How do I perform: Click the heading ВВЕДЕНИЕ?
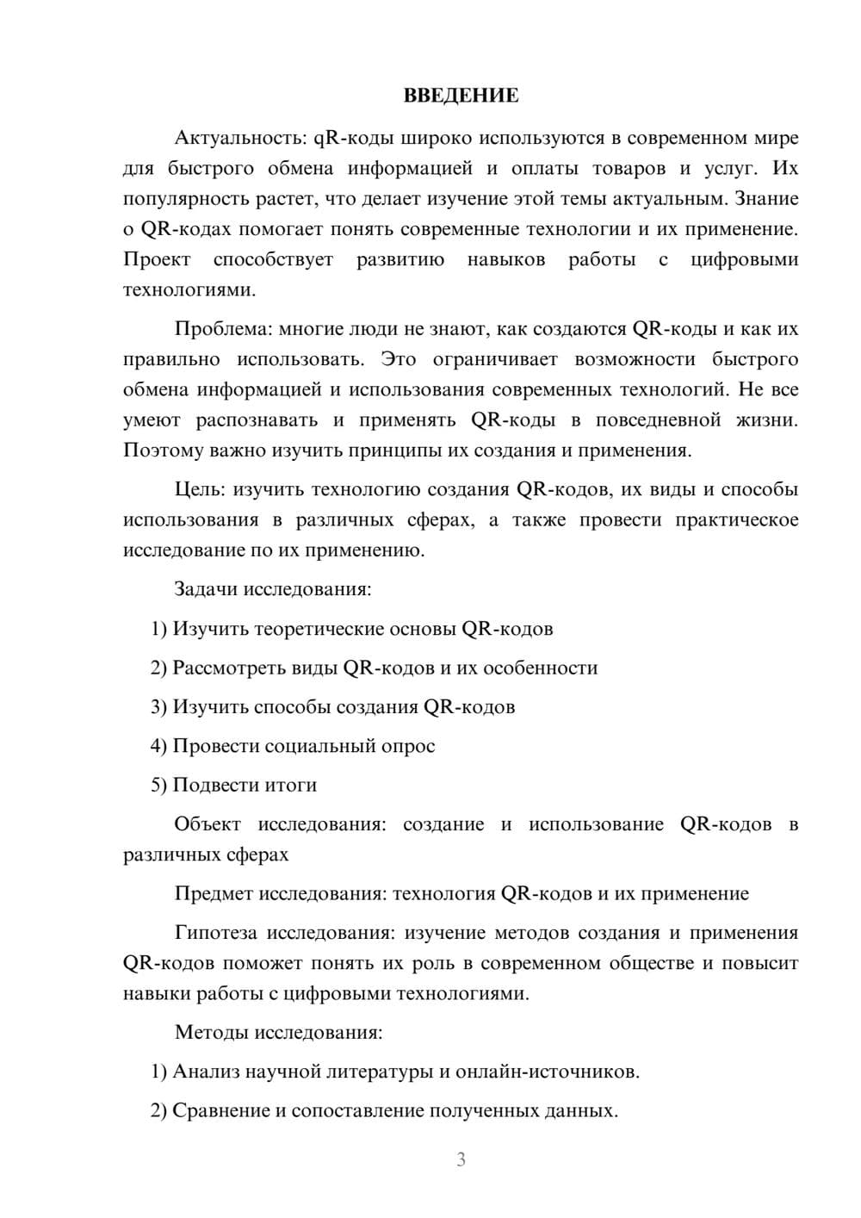point(461,96)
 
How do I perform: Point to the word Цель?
point(199,490)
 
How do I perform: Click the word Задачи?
point(206,590)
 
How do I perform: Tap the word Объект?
point(208,824)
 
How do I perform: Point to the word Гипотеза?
point(216,933)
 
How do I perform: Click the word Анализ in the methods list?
point(207,1072)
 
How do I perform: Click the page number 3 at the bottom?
point(461,1159)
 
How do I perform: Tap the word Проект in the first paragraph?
point(157,260)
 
